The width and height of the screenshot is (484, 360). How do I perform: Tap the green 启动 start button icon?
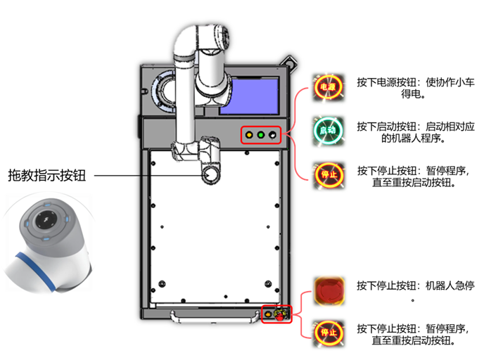(x=328, y=130)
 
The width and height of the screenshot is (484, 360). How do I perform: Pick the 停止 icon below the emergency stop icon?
(x=328, y=330)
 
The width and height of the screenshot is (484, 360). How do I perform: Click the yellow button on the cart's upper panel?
(x=248, y=134)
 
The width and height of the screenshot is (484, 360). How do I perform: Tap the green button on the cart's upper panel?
(x=260, y=134)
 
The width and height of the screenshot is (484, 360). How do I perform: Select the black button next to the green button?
(x=272, y=134)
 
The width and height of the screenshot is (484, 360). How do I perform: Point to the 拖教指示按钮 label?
(x=46, y=175)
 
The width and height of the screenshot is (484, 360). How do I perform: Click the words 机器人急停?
(x=451, y=285)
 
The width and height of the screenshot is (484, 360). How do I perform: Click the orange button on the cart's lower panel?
(x=268, y=313)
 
